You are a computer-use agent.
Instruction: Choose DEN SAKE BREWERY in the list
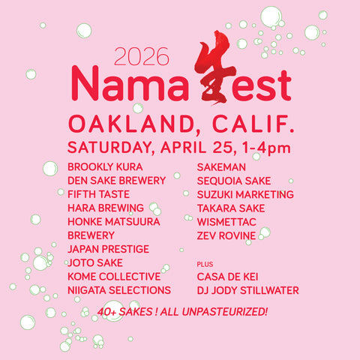[116, 180]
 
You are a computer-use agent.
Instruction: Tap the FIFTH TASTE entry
[98, 193]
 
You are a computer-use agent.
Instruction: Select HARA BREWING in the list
[106, 208]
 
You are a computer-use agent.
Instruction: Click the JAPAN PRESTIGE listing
[108, 248]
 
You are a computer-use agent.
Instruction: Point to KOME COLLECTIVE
[113, 276]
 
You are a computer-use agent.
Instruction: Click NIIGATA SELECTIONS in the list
[119, 289]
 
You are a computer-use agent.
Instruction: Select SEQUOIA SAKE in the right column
[234, 180]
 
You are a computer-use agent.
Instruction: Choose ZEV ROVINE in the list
[226, 235]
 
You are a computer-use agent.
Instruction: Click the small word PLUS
[204, 265]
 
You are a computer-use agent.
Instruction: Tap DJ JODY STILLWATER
[247, 289]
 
